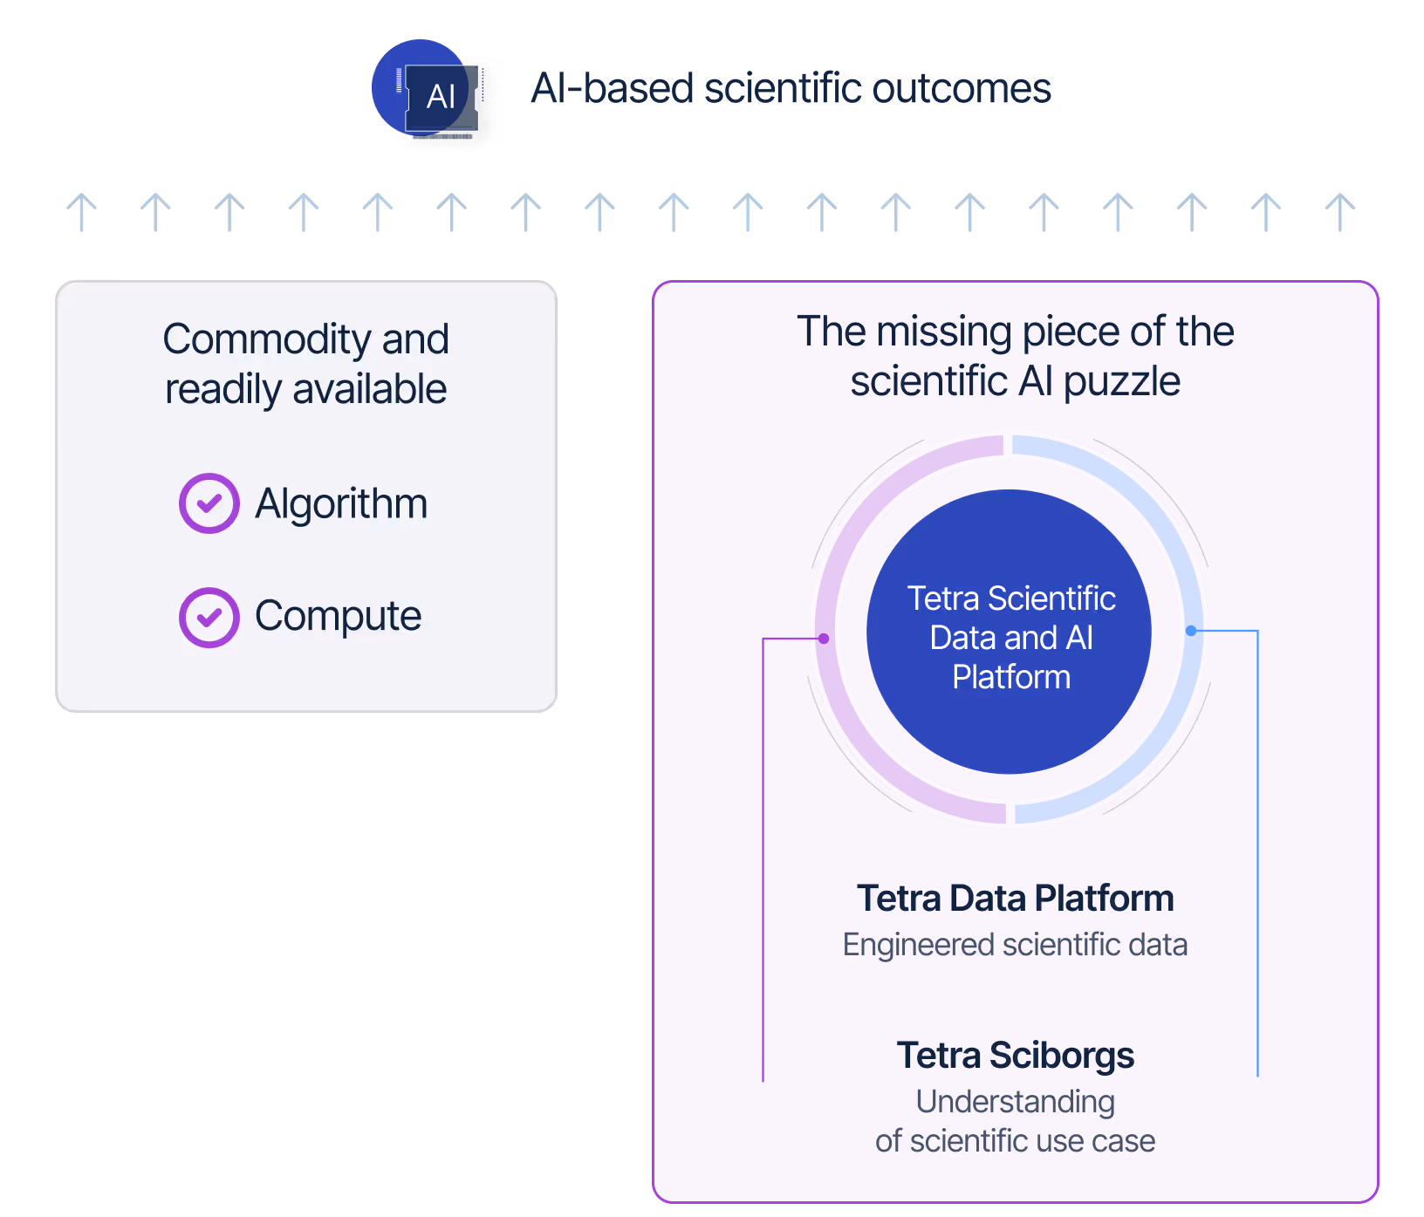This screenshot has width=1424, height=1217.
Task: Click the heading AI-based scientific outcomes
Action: [791, 89]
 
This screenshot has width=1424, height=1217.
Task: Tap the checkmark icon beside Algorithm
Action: [209, 503]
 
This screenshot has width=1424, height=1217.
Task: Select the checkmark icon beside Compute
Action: [209, 618]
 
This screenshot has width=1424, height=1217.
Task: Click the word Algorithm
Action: [341, 504]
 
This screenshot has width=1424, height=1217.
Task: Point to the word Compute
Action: [338, 617]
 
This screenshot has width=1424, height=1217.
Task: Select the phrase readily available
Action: [305, 389]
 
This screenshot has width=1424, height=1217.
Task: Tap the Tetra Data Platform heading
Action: [1015, 899]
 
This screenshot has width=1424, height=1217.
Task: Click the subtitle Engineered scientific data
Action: [1015, 945]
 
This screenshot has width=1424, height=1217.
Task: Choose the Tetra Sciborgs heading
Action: [1015, 1056]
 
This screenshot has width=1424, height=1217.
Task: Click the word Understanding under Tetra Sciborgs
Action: [1015, 1102]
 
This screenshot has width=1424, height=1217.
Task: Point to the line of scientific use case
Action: [1015, 1141]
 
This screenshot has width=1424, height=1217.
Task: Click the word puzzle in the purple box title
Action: [1121, 382]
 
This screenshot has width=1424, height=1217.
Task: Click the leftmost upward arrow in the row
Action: [82, 212]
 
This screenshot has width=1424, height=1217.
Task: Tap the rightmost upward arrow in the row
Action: [1339, 212]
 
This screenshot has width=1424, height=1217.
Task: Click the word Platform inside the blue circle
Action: [1010, 677]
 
